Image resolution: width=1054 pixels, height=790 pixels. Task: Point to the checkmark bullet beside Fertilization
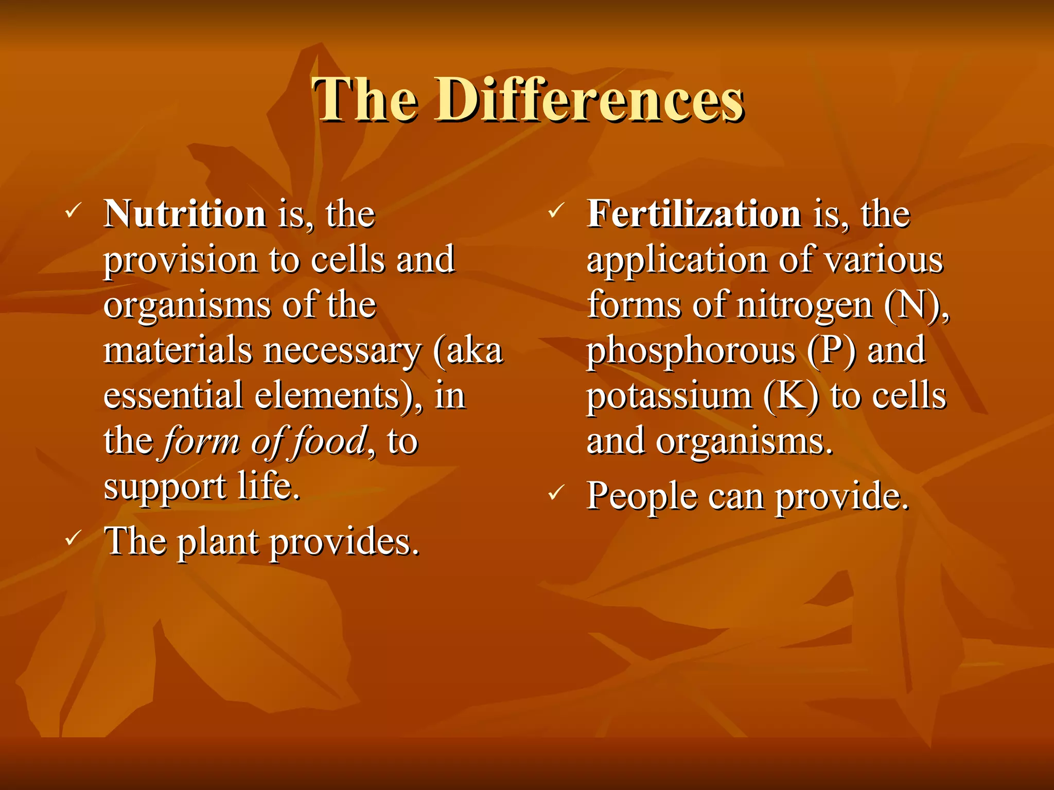pos(556,210)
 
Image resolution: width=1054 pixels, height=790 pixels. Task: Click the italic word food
pos(328,441)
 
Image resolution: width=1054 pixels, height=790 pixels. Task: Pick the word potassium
pos(669,397)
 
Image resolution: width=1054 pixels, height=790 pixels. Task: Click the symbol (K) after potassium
pos(790,396)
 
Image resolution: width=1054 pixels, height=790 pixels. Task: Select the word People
pos(641,496)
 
